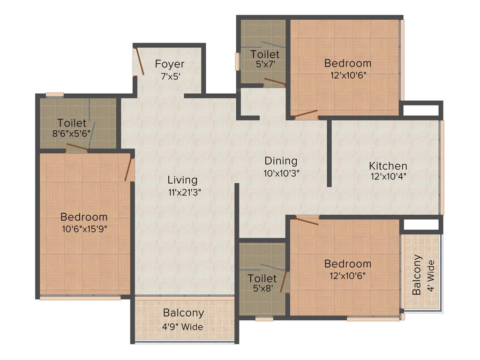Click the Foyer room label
pyautogui.click(x=170, y=64)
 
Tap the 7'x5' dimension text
pyautogui.click(x=170, y=76)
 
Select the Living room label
pyautogui.click(x=182, y=180)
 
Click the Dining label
pyautogui.click(x=281, y=161)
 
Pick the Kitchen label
pyautogui.click(x=388, y=166)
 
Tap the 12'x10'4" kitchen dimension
pyautogui.click(x=388, y=177)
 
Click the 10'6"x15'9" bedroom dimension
pyautogui.click(x=84, y=229)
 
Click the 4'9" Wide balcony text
pyautogui.click(x=183, y=327)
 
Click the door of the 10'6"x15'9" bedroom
pyautogui.click(x=129, y=169)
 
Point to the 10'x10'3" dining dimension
pyautogui.click(x=281, y=172)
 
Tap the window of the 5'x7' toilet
pyautogui.click(x=237, y=61)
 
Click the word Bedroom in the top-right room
pyautogui.click(x=347, y=63)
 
